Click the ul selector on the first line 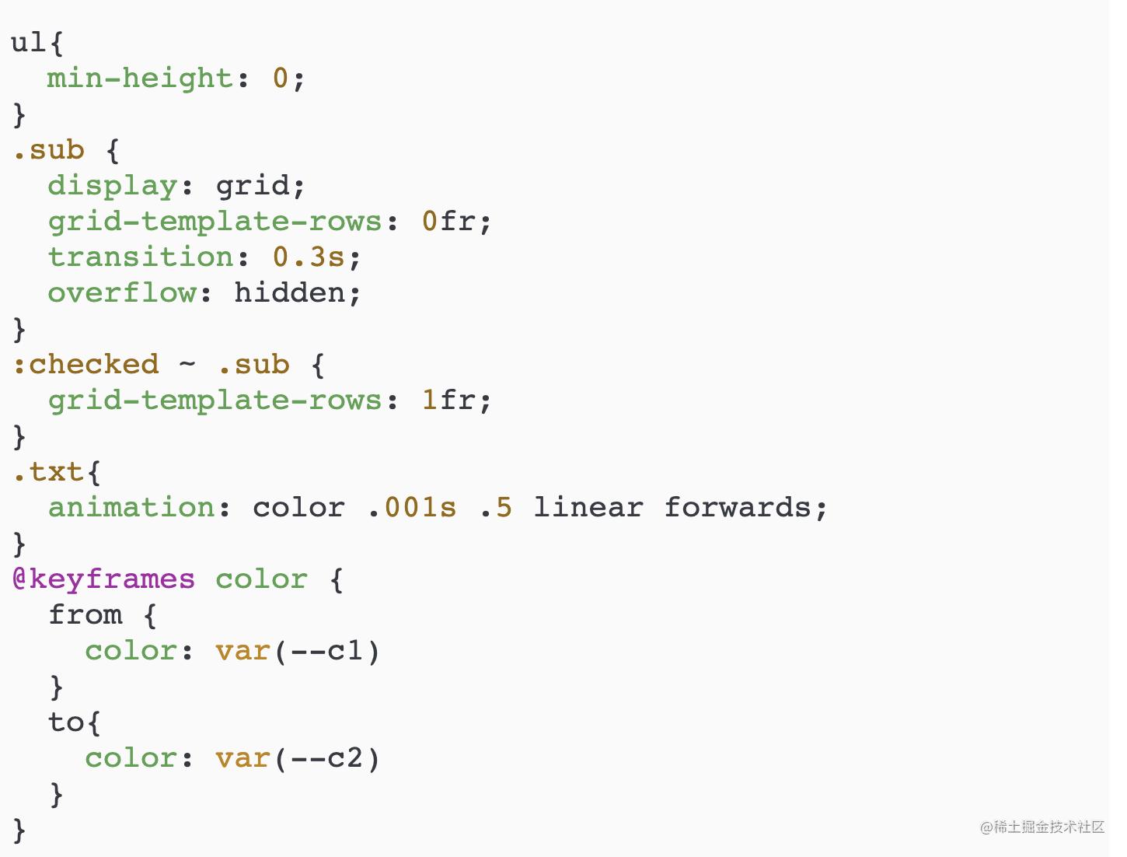pyautogui.click(x=29, y=42)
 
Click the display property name pyautogui.click(x=113, y=185)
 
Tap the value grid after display pyautogui.click(x=251, y=185)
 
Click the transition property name pyautogui.click(x=141, y=257)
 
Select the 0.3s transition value pyautogui.click(x=309, y=257)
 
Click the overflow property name pyautogui.click(x=122, y=292)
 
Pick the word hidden pyautogui.click(x=290, y=292)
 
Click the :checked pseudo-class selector pyautogui.click(x=86, y=364)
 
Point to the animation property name pyautogui.click(x=131, y=507)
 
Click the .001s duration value pyautogui.click(x=412, y=507)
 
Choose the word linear pyautogui.click(x=588, y=507)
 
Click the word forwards pyautogui.click(x=738, y=507)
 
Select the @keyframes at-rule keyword pyautogui.click(x=104, y=579)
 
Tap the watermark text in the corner pyautogui.click(x=1042, y=827)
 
